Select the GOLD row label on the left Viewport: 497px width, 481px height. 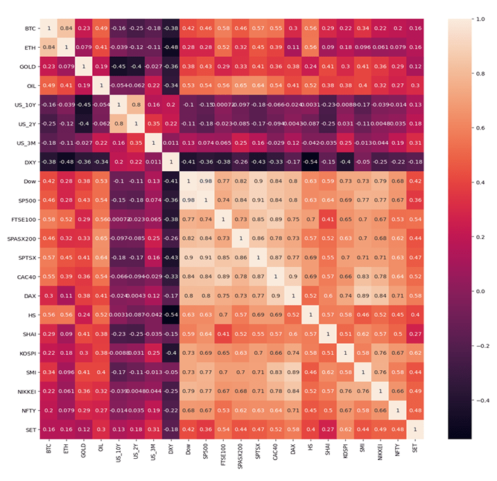point(25,67)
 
